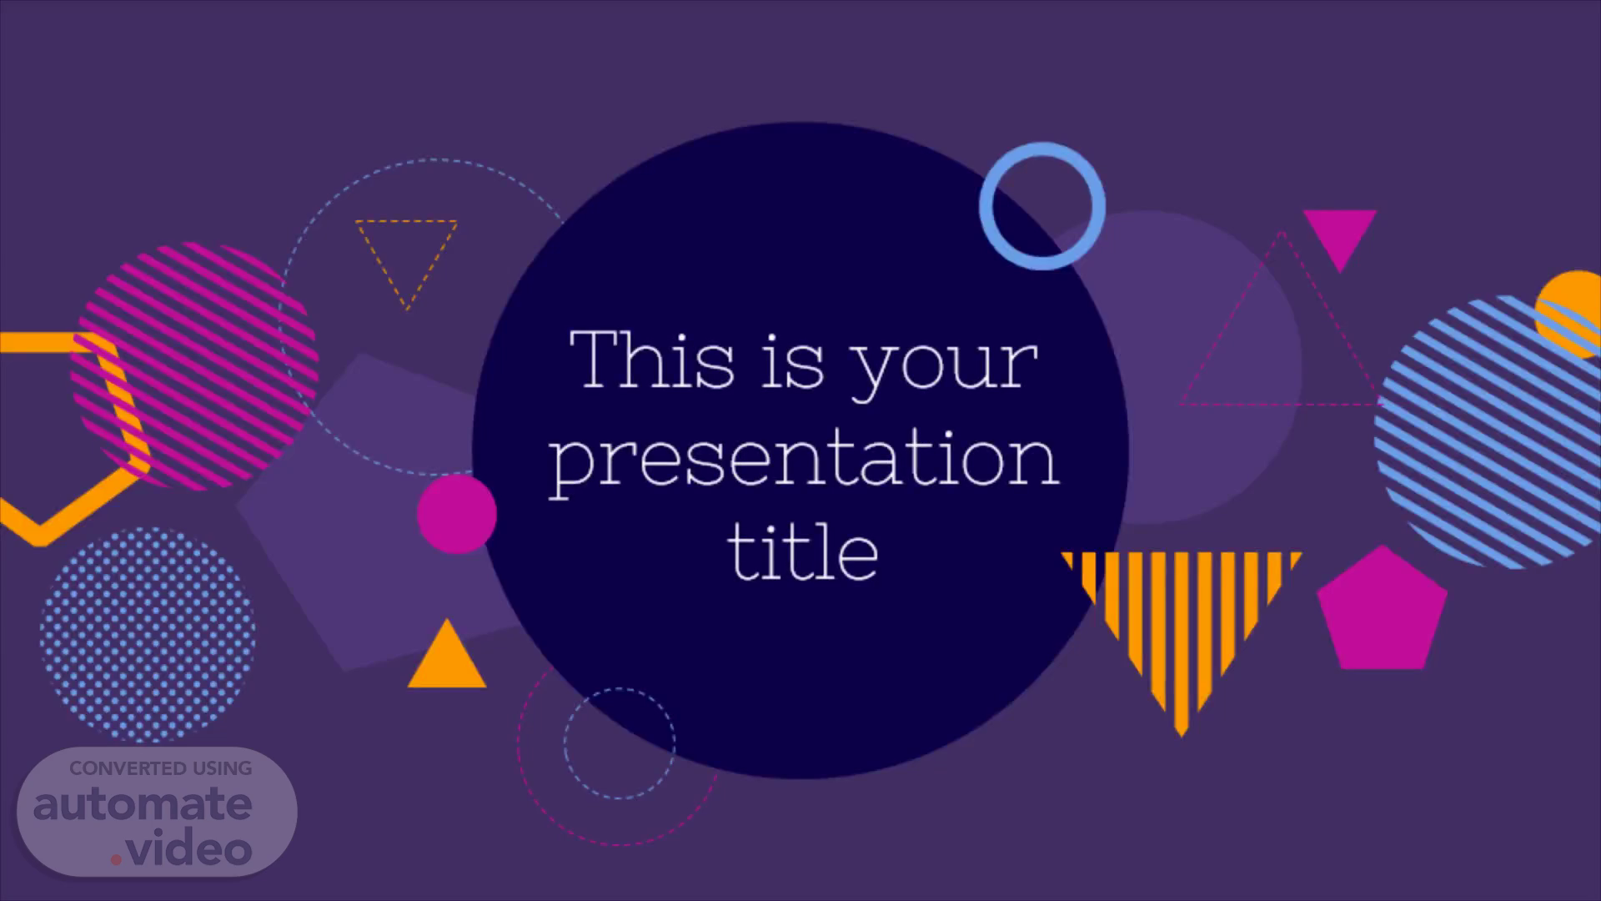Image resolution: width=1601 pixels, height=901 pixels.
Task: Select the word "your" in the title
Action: tap(944, 371)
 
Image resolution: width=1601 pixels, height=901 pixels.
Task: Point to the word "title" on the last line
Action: tap(803, 551)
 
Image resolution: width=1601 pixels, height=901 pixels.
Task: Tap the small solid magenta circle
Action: tap(456, 514)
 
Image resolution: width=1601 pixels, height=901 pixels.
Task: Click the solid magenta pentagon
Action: tap(1382, 611)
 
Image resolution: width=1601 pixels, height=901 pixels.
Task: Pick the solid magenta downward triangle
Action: tap(1339, 234)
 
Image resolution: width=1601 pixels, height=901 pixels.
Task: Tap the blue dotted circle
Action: tap(148, 634)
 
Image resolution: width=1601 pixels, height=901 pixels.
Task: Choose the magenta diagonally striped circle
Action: tap(195, 365)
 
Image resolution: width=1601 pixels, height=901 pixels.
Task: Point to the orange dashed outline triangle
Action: tap(407, 222)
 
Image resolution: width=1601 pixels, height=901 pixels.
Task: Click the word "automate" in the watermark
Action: tap(143, 804)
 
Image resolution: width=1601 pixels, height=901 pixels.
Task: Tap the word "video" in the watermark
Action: tap(190, 849)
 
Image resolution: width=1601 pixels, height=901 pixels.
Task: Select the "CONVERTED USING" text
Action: tap(161, 768)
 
